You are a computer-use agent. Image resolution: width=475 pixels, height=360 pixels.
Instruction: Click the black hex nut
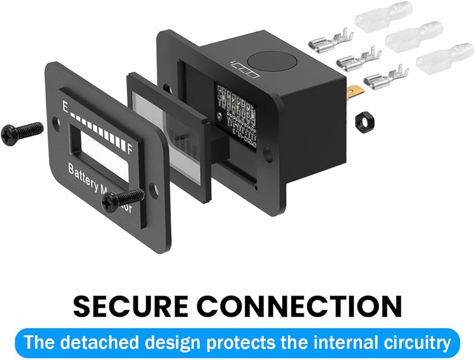(362, 118)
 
